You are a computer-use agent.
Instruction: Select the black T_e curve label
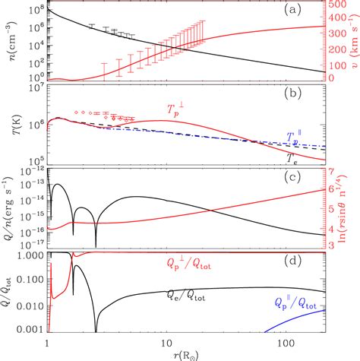coord(292,157)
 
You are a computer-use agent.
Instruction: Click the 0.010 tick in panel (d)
coord(33,305)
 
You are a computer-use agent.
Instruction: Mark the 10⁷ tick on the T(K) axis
coord(36,88)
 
